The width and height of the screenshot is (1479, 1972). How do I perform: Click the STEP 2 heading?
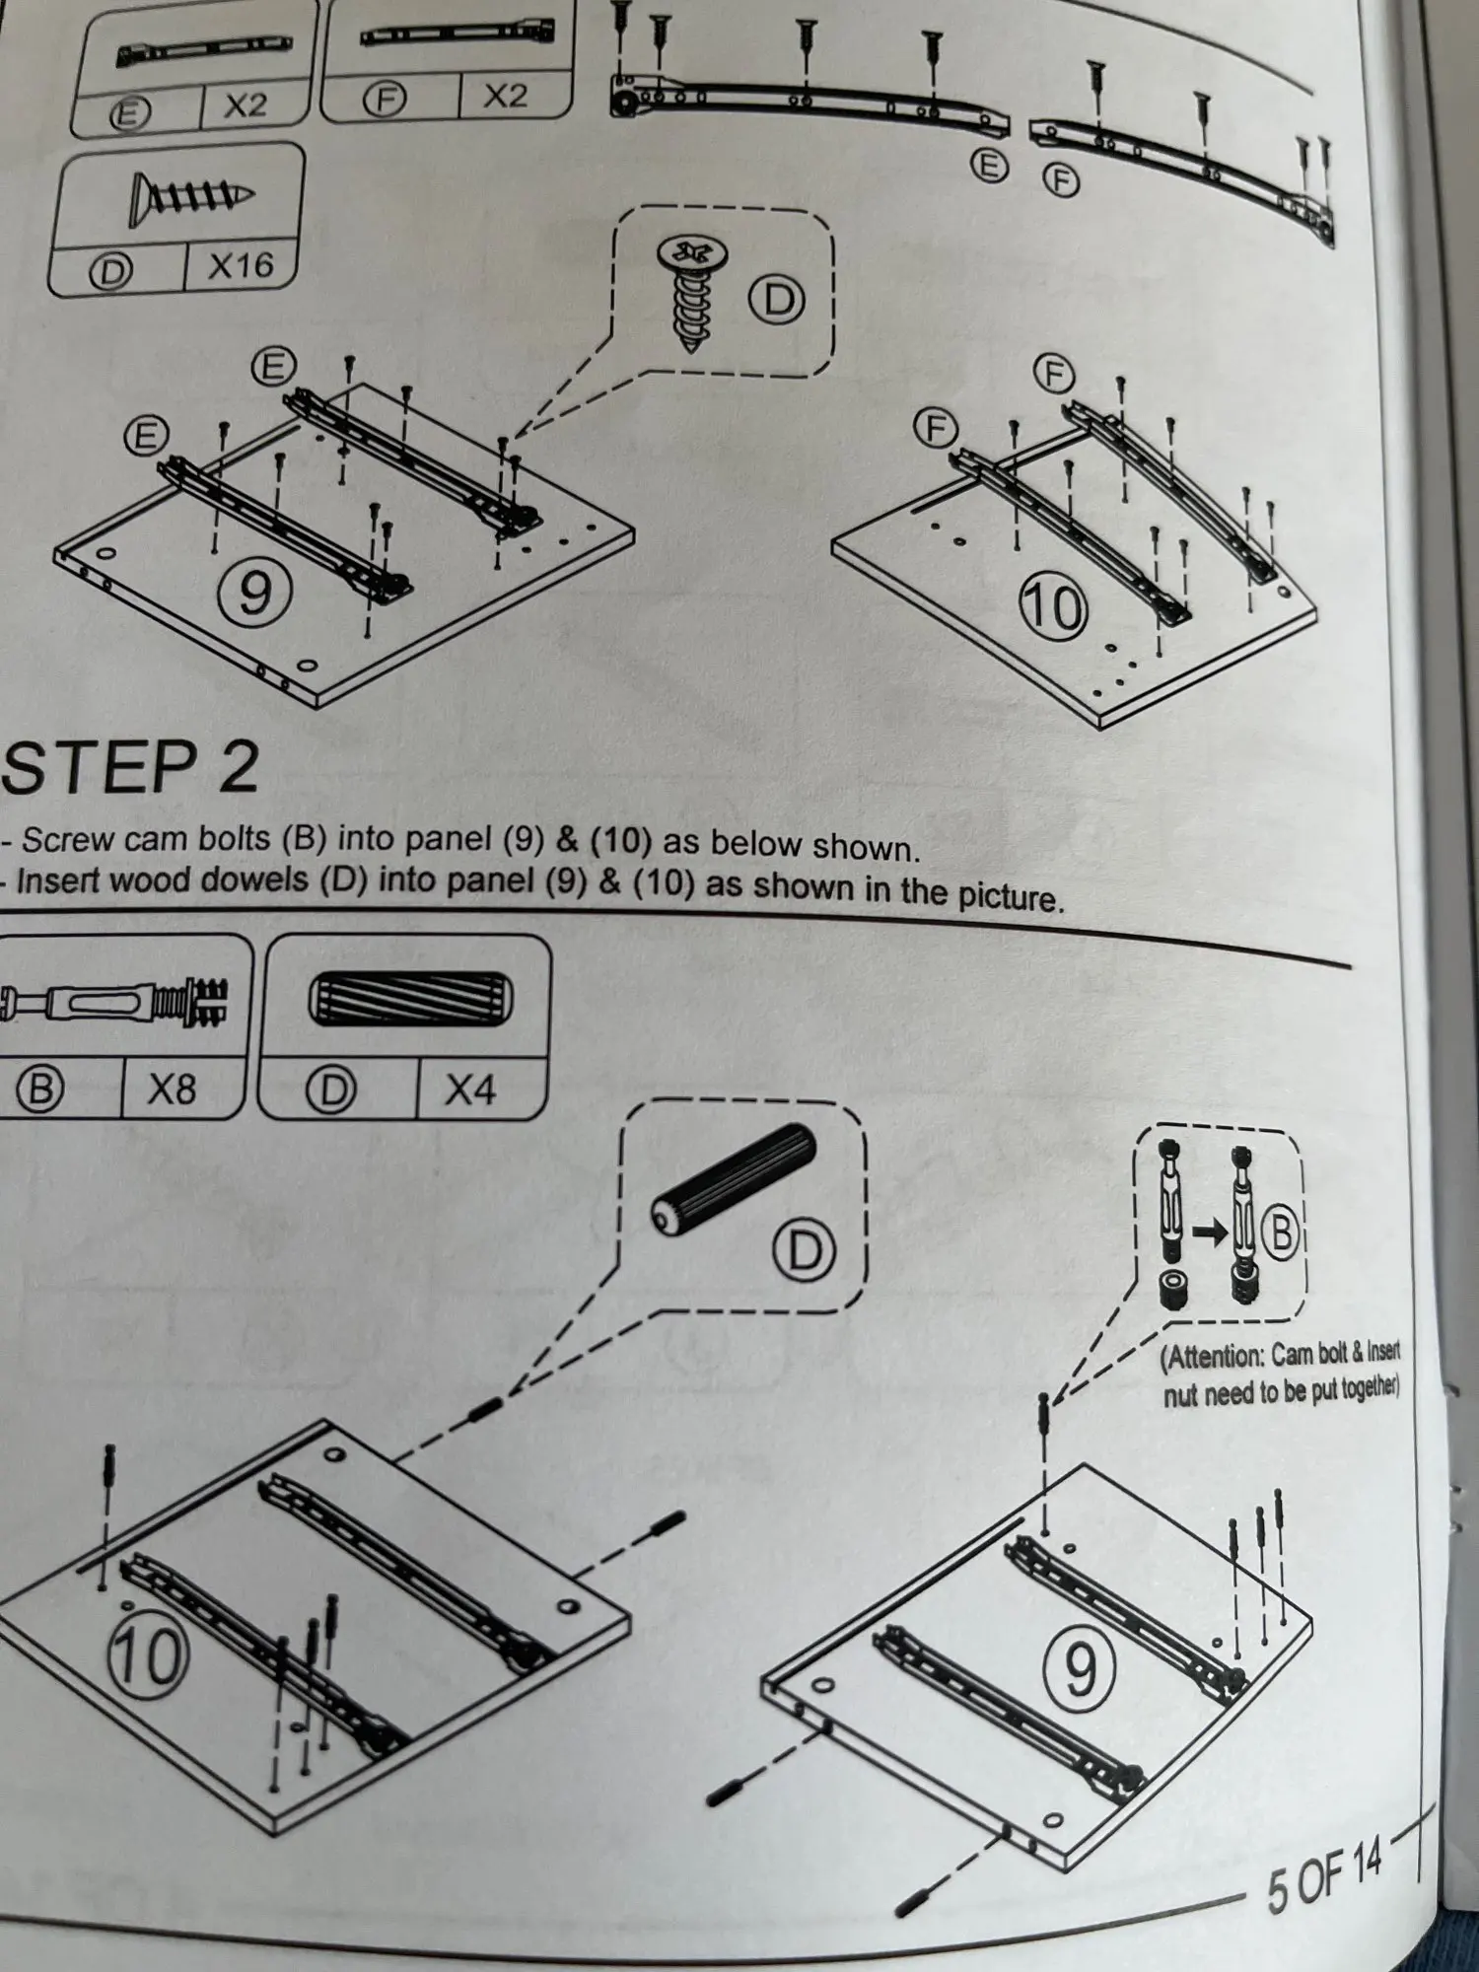coord(130,768)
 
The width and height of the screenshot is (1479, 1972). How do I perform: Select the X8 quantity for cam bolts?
coord(172,1089)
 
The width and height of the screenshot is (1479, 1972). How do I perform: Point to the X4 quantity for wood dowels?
coord(470,1090)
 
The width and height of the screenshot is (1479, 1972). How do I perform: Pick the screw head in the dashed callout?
coord(692,252)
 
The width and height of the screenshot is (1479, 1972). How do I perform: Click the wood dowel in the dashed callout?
coord(735,1178)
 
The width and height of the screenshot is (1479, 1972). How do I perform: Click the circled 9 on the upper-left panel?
coord(253,593)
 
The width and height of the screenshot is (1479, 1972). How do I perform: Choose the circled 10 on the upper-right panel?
coord(1053,606)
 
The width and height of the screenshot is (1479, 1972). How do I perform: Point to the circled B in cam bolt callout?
coord(1281,1232)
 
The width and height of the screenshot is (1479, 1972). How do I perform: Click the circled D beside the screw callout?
coord(778,299)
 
